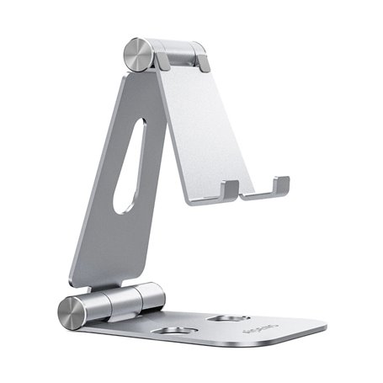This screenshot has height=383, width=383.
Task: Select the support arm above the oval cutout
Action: click(x=143, y=93)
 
